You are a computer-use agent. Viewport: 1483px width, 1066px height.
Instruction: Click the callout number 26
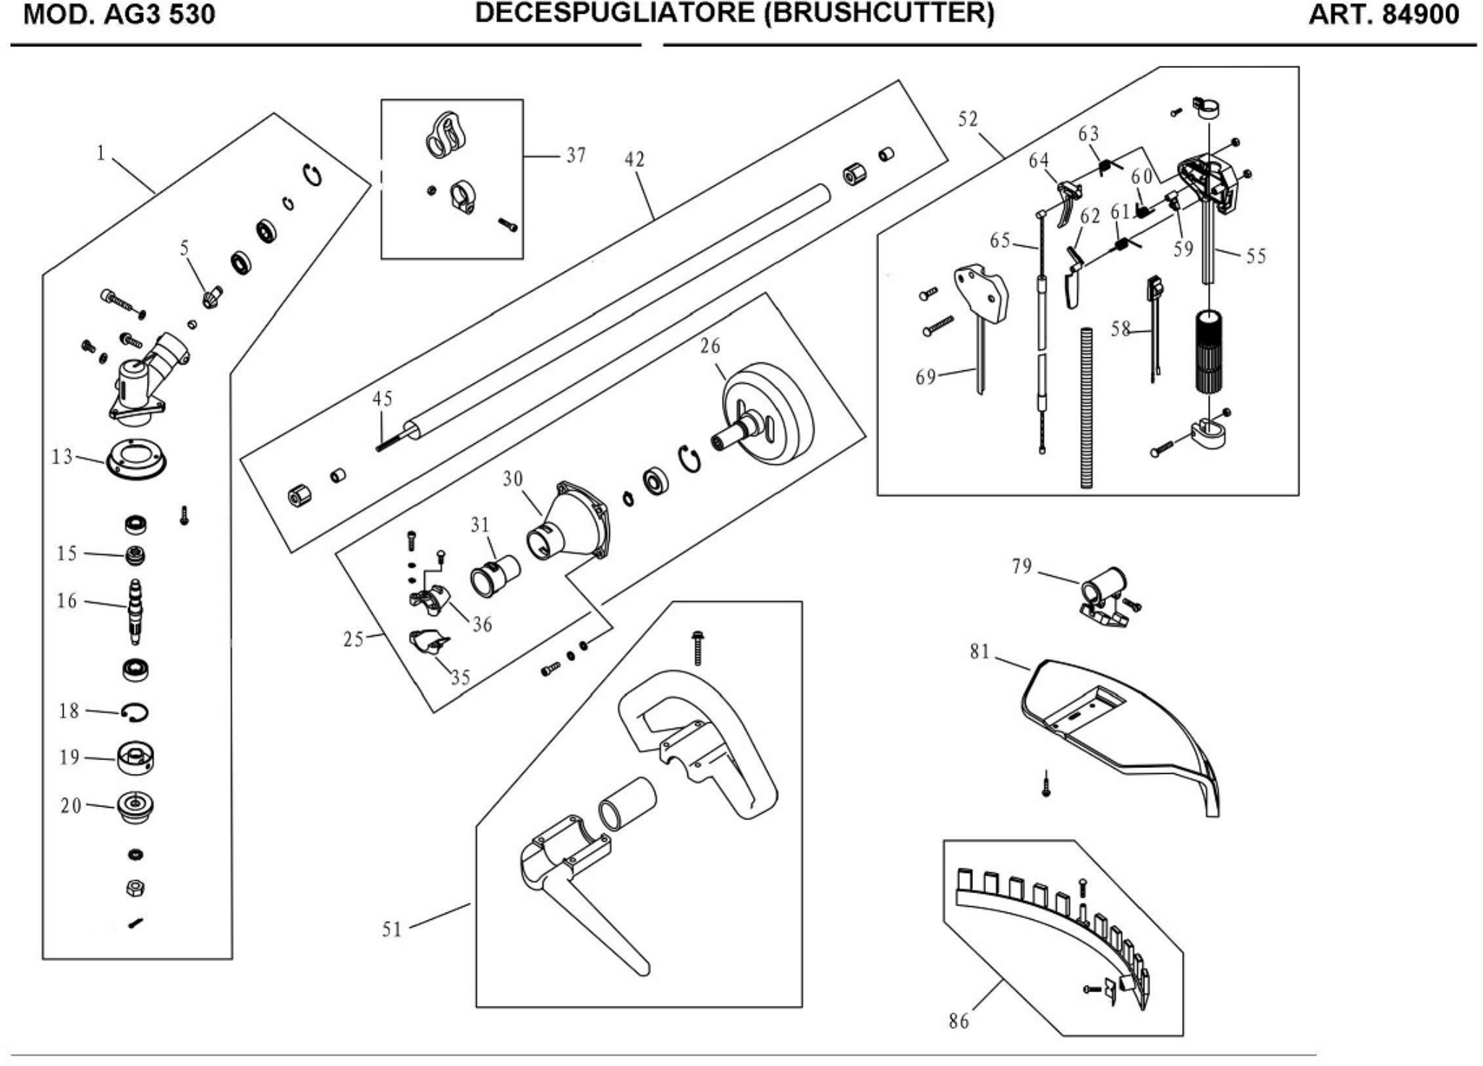click(710, 346)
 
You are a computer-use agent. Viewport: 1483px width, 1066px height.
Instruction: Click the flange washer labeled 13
click(136, 459)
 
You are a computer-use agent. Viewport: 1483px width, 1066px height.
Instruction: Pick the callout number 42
click(634, 160)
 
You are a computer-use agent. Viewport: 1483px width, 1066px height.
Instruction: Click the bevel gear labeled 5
click(211, 296)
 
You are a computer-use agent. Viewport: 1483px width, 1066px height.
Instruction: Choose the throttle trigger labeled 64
click(1068, 203)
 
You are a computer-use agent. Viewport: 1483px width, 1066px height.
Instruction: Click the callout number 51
click(391, 929)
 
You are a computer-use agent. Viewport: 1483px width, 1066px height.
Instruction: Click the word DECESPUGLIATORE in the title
click(616, 13)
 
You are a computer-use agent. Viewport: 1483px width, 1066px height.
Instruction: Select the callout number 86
click(959, 1021)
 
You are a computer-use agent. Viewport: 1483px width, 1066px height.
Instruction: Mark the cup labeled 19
click(135, 758)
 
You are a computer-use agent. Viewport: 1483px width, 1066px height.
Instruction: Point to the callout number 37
click(576, 155)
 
